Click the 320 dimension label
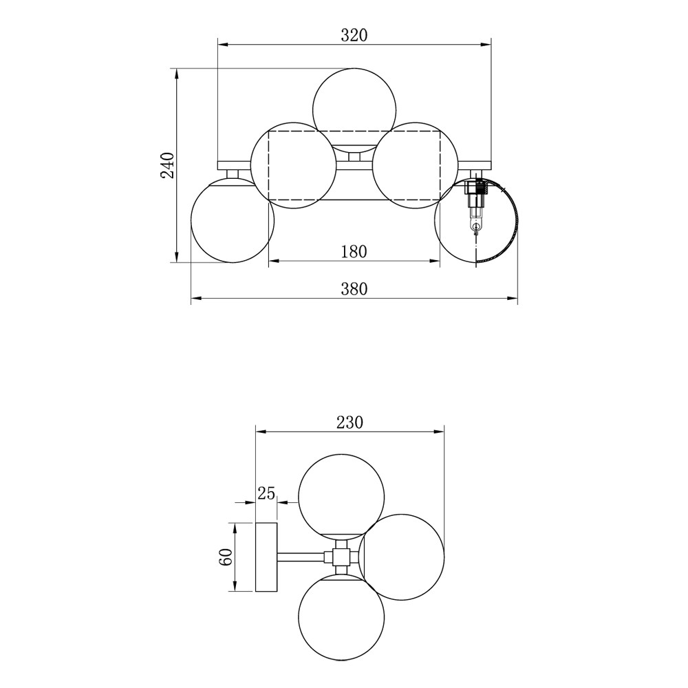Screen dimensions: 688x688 [x=354, y=35]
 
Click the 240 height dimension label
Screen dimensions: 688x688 [x=168, y=165]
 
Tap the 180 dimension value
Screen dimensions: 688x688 [x=354, y=251]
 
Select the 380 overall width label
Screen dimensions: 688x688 [x=354, y=289]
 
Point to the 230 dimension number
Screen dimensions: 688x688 [x=350, y=422]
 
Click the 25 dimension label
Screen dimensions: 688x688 [x=266, y=493]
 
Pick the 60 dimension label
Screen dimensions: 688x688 [x=226, y=557]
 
